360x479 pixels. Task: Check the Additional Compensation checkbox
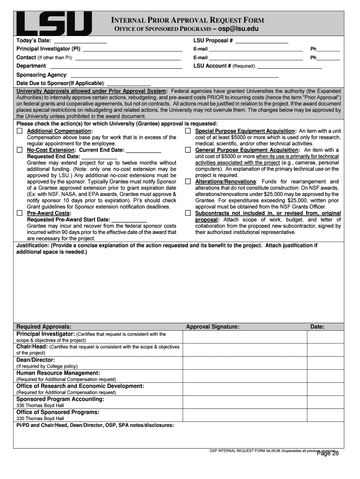click(20, 131)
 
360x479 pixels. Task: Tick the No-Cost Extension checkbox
click(20, 150)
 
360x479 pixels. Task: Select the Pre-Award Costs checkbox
click(20, 213)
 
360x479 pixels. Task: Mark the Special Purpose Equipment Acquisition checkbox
click(188, 131)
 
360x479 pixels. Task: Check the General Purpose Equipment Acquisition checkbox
click(188, 150)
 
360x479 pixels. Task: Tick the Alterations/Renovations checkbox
click(188, 181)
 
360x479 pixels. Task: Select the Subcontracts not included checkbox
click(188, 213)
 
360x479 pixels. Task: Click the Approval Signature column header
click(213, 327)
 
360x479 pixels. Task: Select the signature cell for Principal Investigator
click(245, 337)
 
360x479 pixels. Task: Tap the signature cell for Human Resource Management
click(245, 376)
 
